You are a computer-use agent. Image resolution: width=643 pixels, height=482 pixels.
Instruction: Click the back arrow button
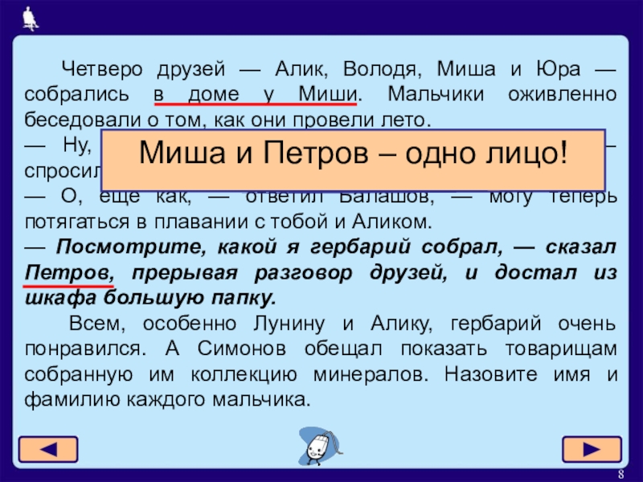coord(48,448)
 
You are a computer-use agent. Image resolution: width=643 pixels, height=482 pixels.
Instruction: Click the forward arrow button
coord(592,448)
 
